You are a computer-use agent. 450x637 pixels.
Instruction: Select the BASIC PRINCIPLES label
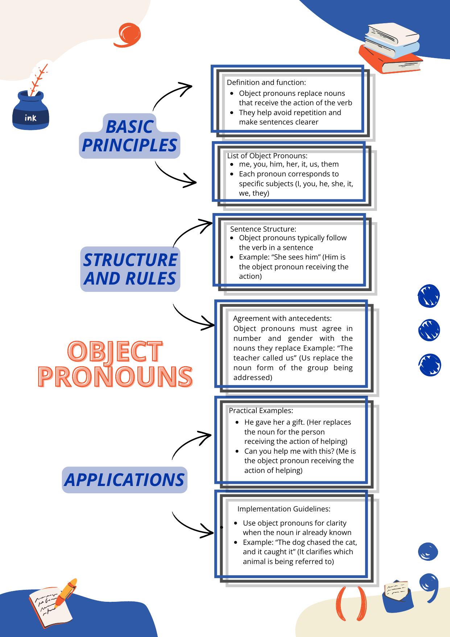pyautogui.click(x=130, y=136)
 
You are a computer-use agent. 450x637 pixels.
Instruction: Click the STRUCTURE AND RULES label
pyautogui.click(x=130, y=269)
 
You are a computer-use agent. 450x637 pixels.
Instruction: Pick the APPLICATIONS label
pyautogui.click(x=124, y=479)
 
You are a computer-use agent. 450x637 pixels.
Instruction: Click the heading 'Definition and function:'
pyautogui.click(x=266, y=82)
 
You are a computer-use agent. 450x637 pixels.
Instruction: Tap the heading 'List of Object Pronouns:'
pyautogui.click(x=267, y=156)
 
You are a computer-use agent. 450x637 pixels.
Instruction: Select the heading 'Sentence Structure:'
pyautogui.click(x=263, y=229)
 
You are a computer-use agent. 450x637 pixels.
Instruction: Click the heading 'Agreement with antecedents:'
pyautogui.click(x=282, y=318)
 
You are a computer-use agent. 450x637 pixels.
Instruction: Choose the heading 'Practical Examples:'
pyautogui.click(x=261, y=411)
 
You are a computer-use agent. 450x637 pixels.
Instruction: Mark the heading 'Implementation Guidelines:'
pyautogui.click(x=284, y=509)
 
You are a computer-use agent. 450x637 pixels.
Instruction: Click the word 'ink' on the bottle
pyautogui.click(x=30, y=118)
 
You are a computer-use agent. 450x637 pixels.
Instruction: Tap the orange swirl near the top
pyautogui.click(x=127, y=35)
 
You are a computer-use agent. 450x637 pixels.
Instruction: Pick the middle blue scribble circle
pyautogui.click(x=429, y=330)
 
